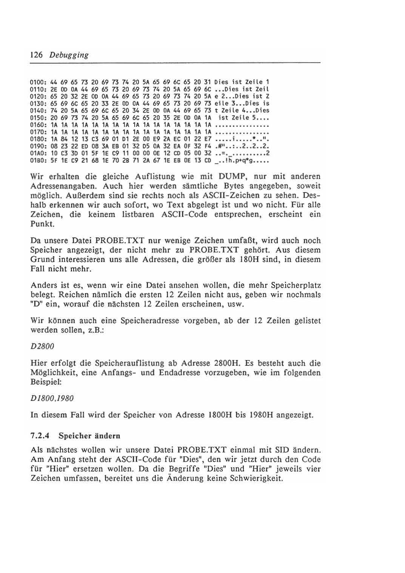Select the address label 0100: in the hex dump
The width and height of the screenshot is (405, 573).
(38, 82)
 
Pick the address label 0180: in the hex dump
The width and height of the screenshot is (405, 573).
(38, 139)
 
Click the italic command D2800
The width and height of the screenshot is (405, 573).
(42, 346)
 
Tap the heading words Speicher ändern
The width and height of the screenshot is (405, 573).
(89, 436)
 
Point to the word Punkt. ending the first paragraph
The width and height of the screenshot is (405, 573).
(42, 224)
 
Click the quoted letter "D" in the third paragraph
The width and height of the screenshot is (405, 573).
(35, 304)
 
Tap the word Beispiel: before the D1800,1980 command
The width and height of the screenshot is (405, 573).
(47, 382)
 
